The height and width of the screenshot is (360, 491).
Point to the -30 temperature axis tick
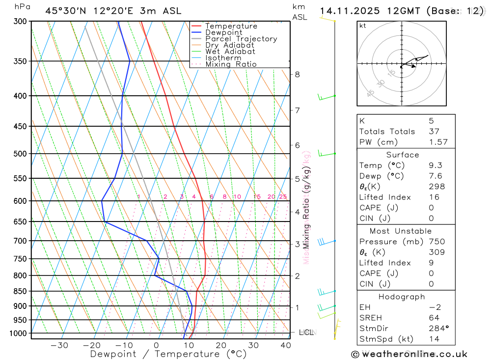pyautogui.click(x=59, y=345)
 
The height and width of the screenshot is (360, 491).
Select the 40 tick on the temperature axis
pyautogui.click(x=286, y=345)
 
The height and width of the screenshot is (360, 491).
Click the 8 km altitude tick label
pyautogui.click(x=297, y=75)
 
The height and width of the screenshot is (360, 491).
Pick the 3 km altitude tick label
pyautogui.click(x=297, y=244)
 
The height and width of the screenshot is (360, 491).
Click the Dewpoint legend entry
pyautogui.click(x=224, y=32)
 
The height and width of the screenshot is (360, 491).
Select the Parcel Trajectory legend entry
pyautogui.click(x=241, y=39)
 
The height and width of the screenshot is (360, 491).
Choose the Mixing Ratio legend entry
pyautogui.click(x=231, y=64)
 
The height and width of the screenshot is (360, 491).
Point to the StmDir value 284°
pyautogui.click(x=437, y=329)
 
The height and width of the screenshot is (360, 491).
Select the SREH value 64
pyautogui.click(x=434, y=318)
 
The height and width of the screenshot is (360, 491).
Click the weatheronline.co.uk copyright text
pyautogui.click(x=409, y=354)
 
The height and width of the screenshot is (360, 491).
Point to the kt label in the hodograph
pyautogui.click(x=362, y=26)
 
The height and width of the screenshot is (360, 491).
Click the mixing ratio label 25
pyautogui.click(x=283, y=197)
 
